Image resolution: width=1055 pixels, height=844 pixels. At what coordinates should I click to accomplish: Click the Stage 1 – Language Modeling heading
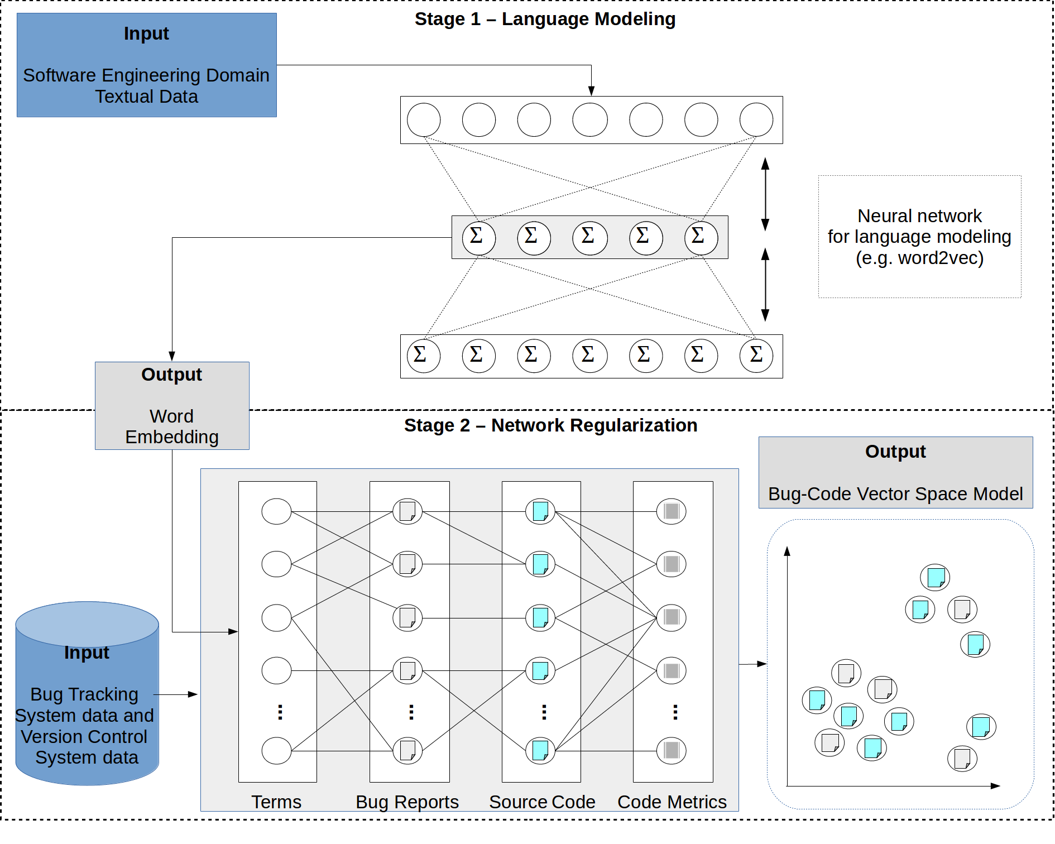coord(545,19)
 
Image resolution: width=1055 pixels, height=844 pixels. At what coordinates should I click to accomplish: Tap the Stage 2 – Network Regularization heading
coord(550,425)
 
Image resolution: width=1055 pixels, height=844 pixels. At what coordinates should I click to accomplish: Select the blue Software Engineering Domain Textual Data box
coord(146,65)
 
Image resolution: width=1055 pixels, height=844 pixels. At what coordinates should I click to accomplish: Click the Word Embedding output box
coord(172,406)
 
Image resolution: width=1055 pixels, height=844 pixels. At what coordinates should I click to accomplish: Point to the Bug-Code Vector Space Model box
coord(895,473)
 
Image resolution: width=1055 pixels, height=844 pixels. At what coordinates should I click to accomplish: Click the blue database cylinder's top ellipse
coord(87,624)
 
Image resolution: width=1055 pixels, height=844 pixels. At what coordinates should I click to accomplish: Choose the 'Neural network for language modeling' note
coord(919,237)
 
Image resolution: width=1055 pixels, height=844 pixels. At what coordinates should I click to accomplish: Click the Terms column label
coord(276,802)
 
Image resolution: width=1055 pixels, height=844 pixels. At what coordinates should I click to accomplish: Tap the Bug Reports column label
coord(407,802)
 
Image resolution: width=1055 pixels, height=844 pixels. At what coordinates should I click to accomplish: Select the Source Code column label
coord(542,802)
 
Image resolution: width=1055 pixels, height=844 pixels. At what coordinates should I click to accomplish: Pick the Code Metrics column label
coord(672,802)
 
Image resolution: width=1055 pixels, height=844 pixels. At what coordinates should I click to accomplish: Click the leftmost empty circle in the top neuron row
coord(424,120)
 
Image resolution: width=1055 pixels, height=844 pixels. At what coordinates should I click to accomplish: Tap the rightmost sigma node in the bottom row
coord(756,356)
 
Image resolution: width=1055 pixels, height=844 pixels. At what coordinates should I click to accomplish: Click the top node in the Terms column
coord(276,511)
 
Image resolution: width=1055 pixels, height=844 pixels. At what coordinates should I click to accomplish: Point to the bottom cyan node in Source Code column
coord(540,751)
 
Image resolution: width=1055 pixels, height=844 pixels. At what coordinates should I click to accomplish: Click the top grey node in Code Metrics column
coord(671,511)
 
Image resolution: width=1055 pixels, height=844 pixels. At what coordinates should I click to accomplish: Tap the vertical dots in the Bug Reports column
coord(411,712)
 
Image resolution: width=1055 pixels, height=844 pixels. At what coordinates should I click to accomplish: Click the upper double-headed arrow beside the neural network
coord(765,194)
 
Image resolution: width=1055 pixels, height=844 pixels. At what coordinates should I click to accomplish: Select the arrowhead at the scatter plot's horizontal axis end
coord(995,786)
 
